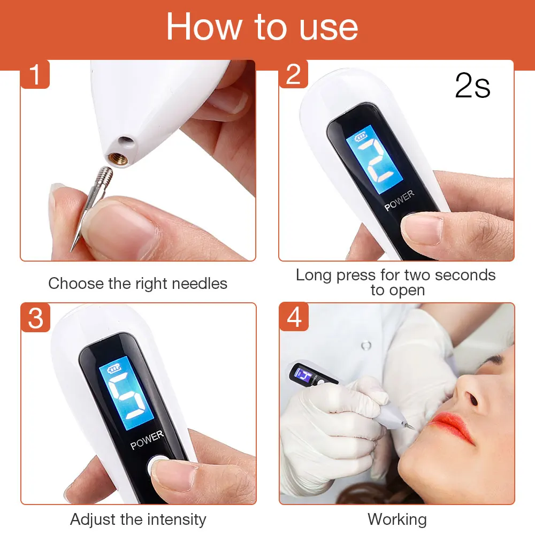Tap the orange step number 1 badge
(35, 75)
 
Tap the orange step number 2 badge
(294, 75)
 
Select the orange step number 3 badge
(35, 318)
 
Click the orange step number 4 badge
(294, 318)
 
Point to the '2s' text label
(472, 86)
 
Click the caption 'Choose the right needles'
(137, 284)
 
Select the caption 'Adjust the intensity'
(137, 519)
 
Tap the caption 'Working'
(397, 519)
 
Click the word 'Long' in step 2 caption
(314, 276)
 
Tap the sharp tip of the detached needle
(72, 248)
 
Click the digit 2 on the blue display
(375, 160)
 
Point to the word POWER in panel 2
(399, 201)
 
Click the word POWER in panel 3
(147, 440)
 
